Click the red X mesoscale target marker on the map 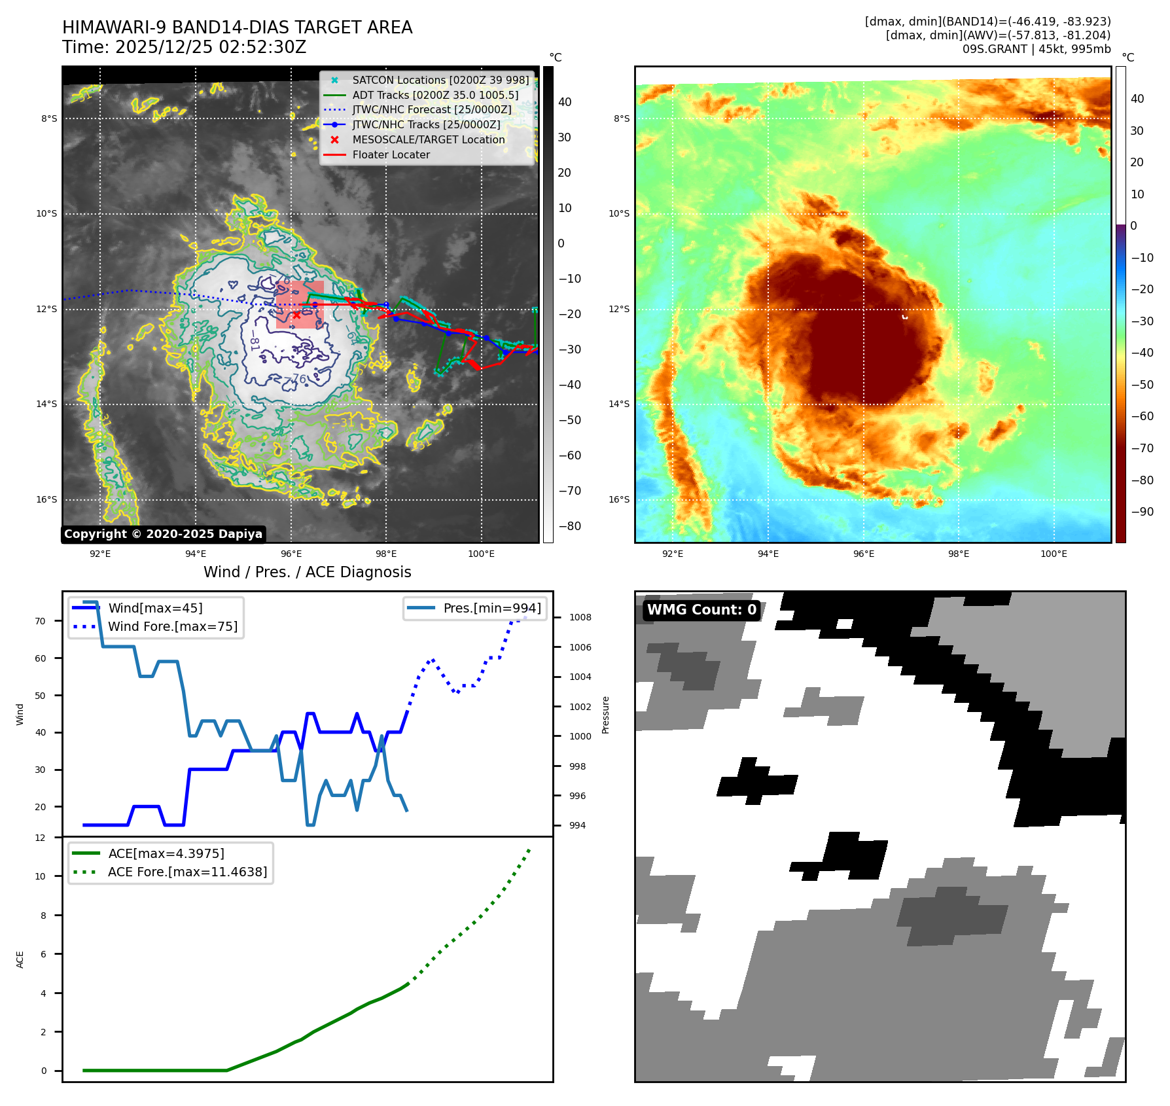pos(297,315)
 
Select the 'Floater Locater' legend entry pos(391,155)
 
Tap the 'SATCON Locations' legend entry pos(440,80)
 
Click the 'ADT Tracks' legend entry pos(434,96)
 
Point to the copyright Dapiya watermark pos(163,534)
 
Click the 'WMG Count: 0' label pos(701,610)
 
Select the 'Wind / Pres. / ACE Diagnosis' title pos(307,572)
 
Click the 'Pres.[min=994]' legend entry pos(491,609)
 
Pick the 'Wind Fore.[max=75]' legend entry pos(172,627)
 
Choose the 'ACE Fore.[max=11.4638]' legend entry pos(187,872)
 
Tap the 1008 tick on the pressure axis pos(580,618)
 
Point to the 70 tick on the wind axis pos(41,621)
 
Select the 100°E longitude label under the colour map pos(1054,554)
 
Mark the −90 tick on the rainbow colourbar pos(1142,512)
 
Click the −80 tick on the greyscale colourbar pos(569,526)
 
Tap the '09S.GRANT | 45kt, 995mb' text pos(1036,49)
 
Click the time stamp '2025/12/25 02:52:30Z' pos(211,48)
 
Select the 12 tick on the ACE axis pos(41,838)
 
